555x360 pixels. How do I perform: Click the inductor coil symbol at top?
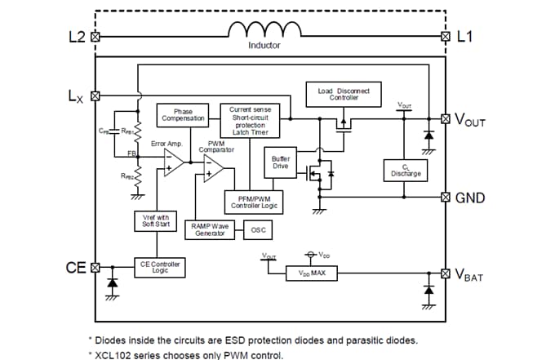point(264,31)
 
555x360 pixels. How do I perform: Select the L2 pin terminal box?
point(95,37)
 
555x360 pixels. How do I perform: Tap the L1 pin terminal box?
point(445,37)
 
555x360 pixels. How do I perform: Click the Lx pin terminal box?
point(95,96)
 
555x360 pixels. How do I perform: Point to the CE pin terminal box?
point(95,267)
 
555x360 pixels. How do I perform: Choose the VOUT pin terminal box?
point(445,119)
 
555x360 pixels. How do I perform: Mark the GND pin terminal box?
point(445,197)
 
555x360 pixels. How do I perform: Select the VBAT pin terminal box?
point(445,273)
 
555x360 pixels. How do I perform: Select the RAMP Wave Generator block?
point(210,229)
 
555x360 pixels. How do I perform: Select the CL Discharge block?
point(405,170)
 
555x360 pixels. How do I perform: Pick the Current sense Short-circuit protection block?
point(250,121)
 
